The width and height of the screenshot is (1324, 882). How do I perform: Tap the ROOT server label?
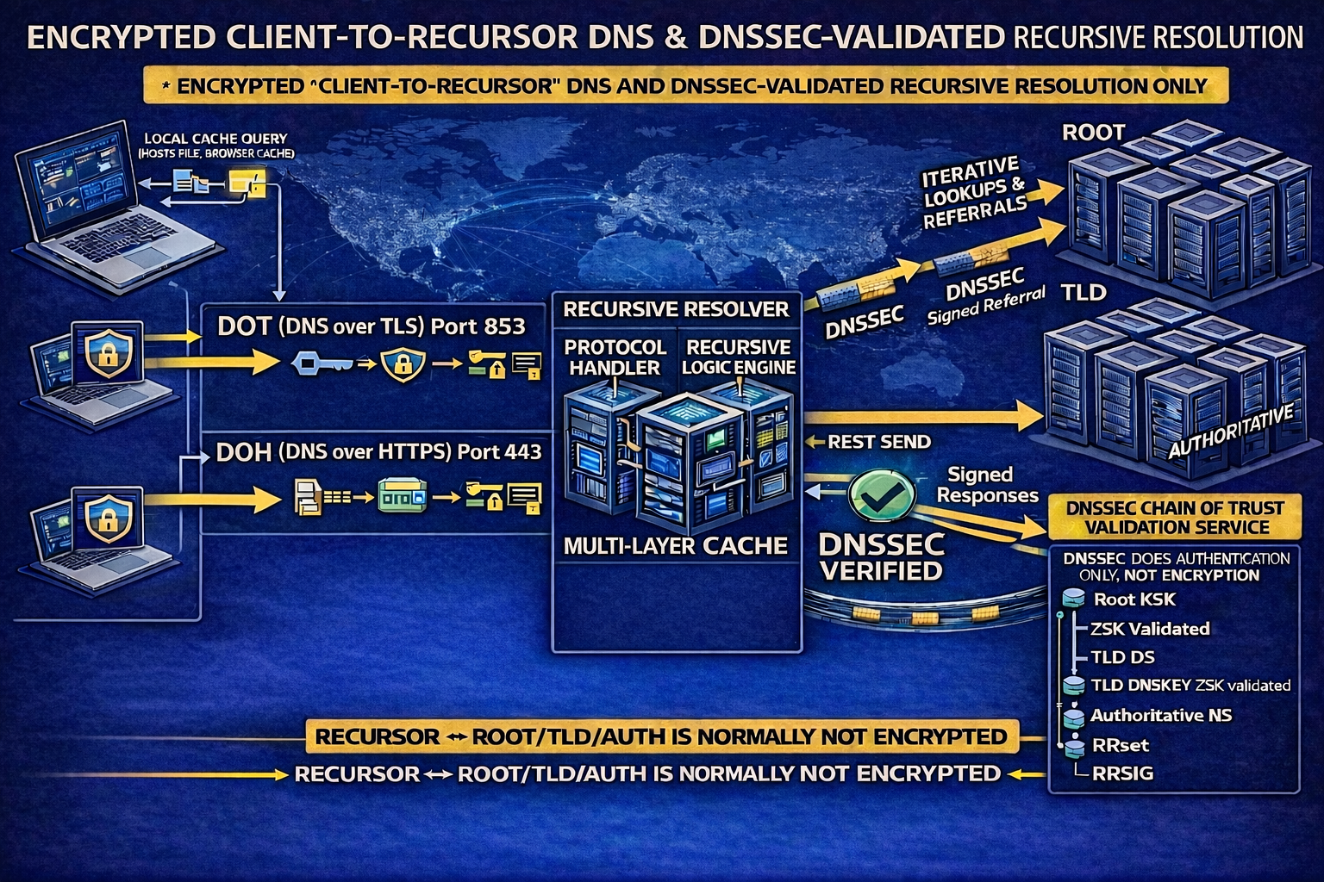[1093, 133]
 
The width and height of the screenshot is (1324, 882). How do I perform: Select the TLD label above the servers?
[1084, 292]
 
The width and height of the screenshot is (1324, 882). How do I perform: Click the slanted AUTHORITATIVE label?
[1230, 432]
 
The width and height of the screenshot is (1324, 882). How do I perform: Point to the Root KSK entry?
[1134, 599]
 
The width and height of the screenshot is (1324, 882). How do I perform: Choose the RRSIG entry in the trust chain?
[1122, 773]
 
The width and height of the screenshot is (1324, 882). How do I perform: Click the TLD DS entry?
[1122, 657]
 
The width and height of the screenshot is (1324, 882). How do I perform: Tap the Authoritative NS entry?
[1160, 715]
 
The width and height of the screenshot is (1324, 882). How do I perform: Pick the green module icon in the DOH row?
[402, 497]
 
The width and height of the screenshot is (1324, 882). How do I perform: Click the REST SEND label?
[878, 443]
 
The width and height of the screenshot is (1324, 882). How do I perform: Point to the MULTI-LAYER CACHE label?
[675, 545]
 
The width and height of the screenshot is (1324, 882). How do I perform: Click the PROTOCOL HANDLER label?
[615, 357]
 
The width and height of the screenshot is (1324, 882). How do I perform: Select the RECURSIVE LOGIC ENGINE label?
[738, 357]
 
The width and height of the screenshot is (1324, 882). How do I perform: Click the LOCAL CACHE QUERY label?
[215, 138]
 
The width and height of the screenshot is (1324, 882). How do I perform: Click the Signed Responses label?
[980, 485]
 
